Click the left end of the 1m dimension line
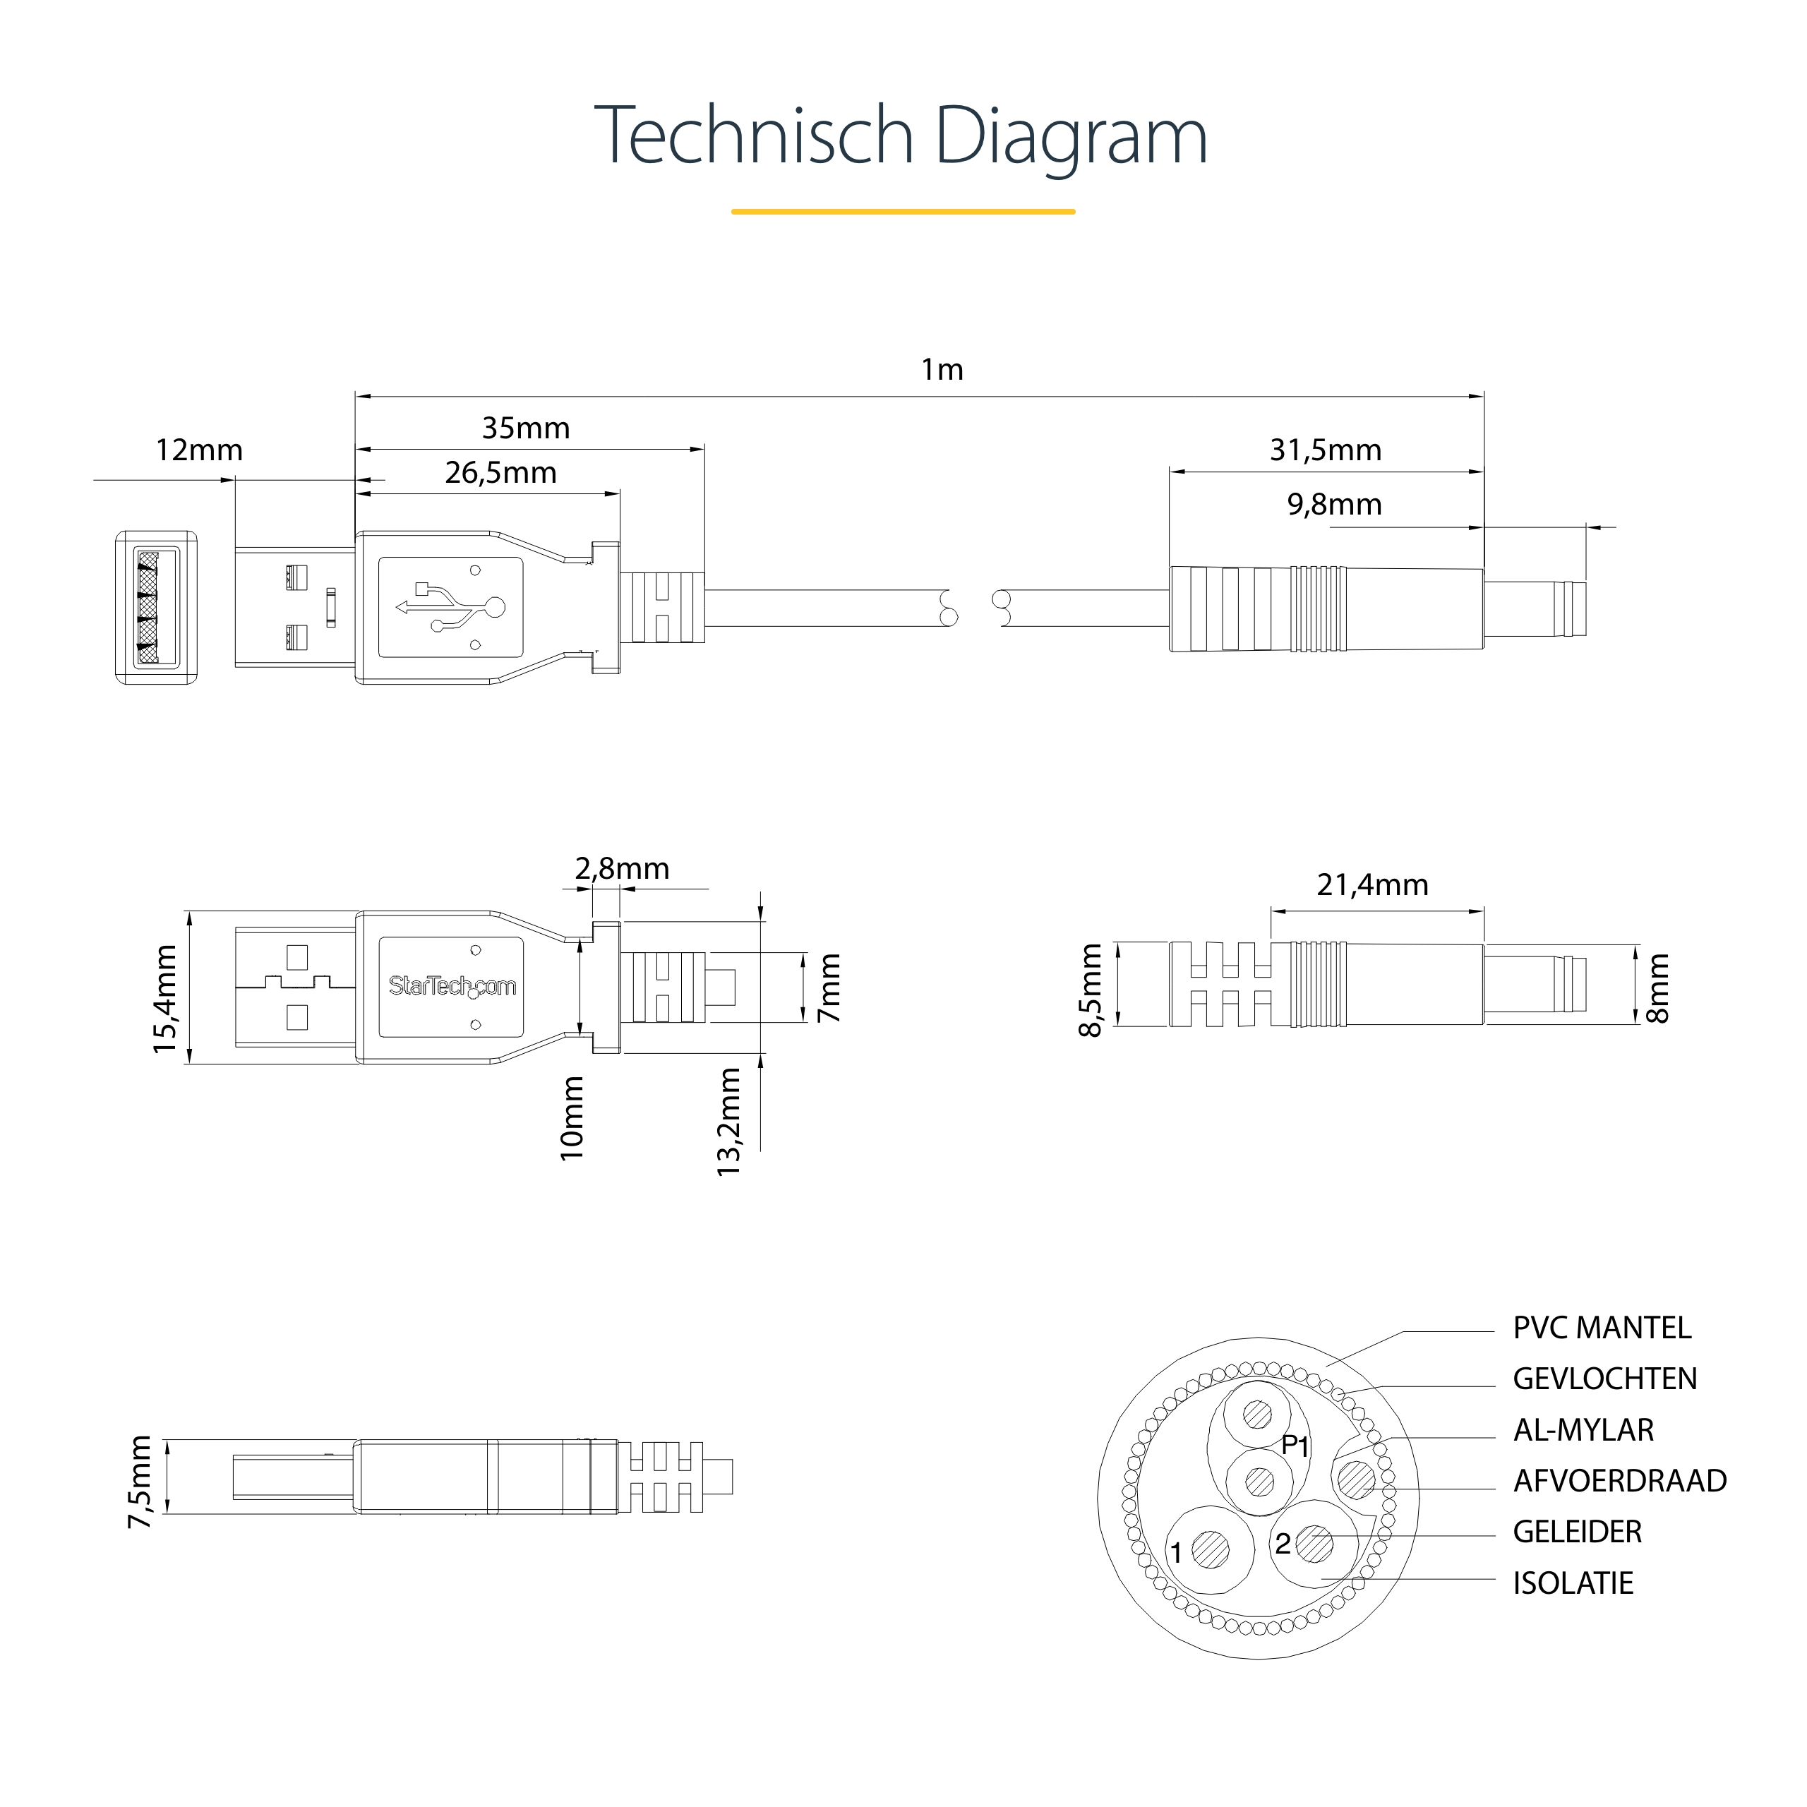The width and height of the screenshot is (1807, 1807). coord(356,397)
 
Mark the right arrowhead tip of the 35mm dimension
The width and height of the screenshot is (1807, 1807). coord(703,449)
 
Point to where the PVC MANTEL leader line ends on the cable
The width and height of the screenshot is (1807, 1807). coord(1326,1367)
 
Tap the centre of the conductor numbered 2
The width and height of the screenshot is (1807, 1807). coord(1315,1543)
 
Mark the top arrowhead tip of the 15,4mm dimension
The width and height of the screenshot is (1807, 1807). coord(190,912)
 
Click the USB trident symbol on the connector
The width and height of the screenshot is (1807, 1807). coord(451,607)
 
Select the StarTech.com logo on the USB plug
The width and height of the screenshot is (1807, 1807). coord(452,986)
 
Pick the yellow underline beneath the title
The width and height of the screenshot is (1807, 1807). coord(903,211)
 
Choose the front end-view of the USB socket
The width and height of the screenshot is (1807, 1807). coord(156,607)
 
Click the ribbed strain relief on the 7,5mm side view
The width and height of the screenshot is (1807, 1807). coord(665,1477)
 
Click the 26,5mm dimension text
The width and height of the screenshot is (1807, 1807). coord(500,472)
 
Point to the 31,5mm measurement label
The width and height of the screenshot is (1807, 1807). coord(1326,450)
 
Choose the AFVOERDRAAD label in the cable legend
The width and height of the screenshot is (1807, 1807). coord(1620,1481)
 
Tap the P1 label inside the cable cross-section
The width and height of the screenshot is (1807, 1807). coord(1295,1446)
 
